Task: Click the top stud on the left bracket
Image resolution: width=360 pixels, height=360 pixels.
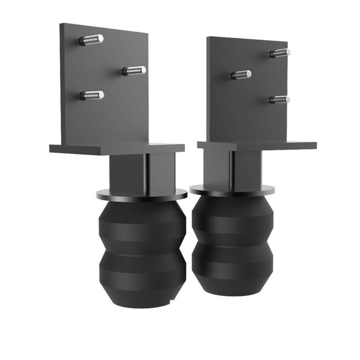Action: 92,40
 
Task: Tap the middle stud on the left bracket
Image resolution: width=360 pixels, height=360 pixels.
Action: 135,71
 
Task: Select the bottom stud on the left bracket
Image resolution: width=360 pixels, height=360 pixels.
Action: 92,95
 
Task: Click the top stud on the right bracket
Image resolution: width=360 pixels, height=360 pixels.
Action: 280,53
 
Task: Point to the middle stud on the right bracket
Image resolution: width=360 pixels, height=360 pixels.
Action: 242,75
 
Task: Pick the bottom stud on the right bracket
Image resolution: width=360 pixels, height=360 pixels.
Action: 280,99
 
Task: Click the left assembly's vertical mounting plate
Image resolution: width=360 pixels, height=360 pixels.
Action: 108,117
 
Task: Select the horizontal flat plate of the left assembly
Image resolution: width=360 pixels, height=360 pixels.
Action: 117,148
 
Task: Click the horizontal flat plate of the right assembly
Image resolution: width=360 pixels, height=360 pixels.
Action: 256,145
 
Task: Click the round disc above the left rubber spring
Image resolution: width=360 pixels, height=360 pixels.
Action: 142,194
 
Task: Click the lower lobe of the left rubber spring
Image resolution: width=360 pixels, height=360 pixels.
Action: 142,274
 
